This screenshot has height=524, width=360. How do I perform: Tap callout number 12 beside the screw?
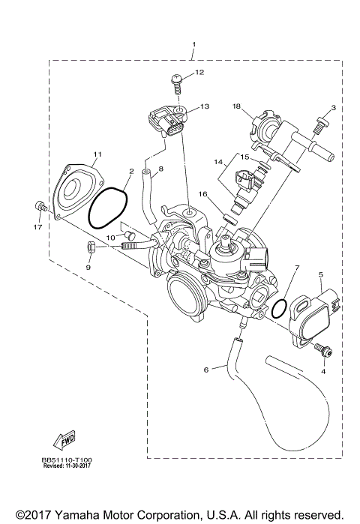point(199,73)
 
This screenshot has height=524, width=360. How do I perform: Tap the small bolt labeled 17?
point(40,206)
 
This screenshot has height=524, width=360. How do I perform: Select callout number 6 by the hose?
point(206,370)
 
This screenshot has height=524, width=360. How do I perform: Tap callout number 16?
point(202,194)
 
